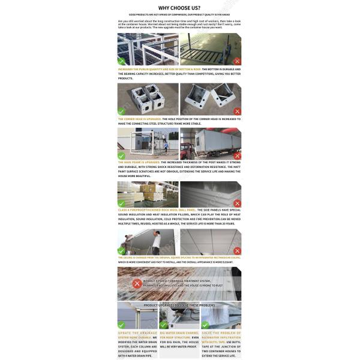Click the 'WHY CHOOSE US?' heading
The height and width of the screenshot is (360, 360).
point(179,8)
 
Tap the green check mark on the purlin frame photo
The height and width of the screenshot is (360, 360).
point(122,61)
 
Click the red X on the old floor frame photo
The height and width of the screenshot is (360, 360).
point(237,61)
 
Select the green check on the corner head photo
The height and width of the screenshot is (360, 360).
point(122,111)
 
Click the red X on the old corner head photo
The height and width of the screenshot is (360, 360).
point(237,111)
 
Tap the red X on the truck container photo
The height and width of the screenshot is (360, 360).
point(237,155)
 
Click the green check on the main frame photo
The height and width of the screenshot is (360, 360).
point(122,155)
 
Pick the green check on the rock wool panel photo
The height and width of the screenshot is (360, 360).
point(122,203)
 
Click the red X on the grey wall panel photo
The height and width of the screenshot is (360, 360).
point(237,203)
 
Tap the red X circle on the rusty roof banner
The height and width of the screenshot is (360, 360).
point(137,283)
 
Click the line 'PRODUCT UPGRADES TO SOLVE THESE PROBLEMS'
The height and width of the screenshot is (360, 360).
point(179,305)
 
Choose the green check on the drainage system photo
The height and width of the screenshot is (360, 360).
point(122,325)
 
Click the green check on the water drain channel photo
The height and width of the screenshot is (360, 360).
point(163,325)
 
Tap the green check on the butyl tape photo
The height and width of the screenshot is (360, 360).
point(205,325)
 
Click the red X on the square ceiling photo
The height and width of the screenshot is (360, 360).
point(237,251)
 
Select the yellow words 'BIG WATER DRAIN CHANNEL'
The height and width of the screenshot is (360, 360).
point(179,333)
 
